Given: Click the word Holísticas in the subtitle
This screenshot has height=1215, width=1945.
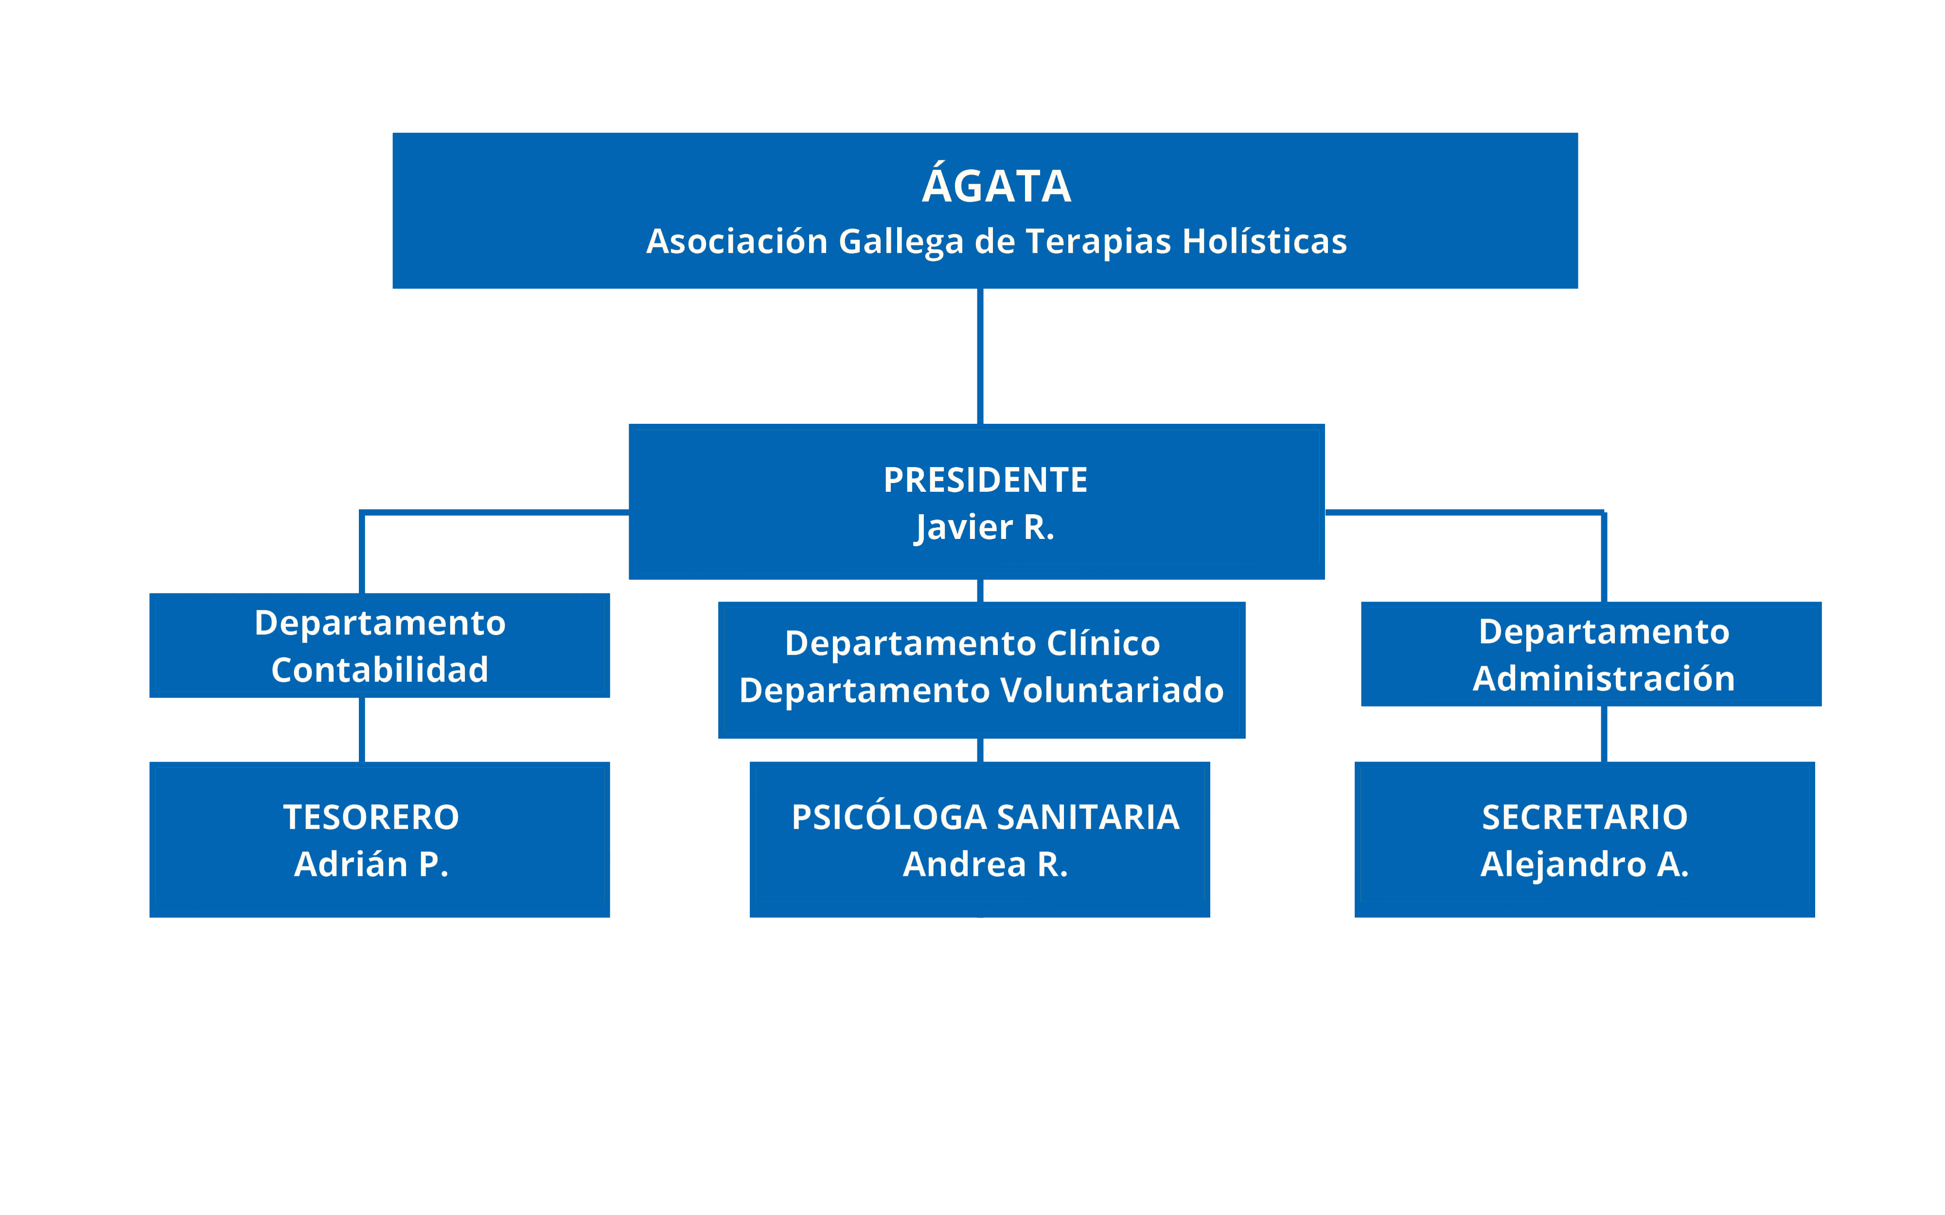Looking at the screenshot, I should pos(1264,241).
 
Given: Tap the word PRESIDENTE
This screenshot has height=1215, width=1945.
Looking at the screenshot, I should pos(985,480).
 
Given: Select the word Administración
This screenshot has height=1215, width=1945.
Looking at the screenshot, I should pos(1604,679).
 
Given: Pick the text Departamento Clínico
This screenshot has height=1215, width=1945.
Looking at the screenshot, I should pos(972,643).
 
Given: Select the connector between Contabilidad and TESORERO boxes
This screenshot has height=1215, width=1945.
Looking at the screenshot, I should pos(362,729).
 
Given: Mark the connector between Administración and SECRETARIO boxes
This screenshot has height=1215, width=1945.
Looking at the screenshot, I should pos(1604,734).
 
